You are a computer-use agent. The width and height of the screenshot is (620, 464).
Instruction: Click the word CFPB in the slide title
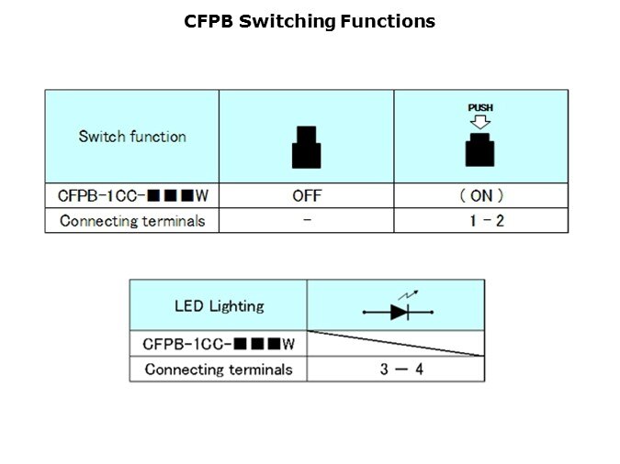click(209, 21)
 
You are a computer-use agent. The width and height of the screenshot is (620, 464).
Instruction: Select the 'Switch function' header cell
click(132, 137)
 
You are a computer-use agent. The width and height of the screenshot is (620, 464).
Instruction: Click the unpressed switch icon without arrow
click(306, 147)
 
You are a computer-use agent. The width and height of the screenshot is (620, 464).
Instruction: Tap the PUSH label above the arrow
click(480, 107)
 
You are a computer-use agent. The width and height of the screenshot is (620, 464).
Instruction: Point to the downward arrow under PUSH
click(480, 121)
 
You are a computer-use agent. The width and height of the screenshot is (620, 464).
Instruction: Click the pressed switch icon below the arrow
click(480, 149)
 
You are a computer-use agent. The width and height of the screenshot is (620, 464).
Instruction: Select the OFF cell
click(306, 195)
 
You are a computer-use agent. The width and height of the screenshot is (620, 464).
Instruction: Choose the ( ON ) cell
click(480, 195)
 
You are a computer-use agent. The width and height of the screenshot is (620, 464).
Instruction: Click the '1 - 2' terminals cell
click(480, 221)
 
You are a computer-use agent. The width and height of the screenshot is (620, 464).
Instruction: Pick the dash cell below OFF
click(306, 221)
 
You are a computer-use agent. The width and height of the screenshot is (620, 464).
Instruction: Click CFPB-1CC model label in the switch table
click(132, 195)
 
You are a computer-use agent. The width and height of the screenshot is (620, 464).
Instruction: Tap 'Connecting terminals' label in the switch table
click(132, 221)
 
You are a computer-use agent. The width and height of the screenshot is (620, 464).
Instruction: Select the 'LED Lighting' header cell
click(219, 306)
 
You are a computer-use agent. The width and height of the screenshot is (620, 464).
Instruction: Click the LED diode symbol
click(398, 312)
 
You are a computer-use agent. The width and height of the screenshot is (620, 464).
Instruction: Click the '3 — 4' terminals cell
click(396, 370)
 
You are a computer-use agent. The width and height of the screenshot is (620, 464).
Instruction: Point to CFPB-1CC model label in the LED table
click(219, 344)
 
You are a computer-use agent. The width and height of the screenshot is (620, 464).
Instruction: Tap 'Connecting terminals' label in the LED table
click(219, 370)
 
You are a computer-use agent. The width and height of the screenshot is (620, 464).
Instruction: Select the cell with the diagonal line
click(396, 344)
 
